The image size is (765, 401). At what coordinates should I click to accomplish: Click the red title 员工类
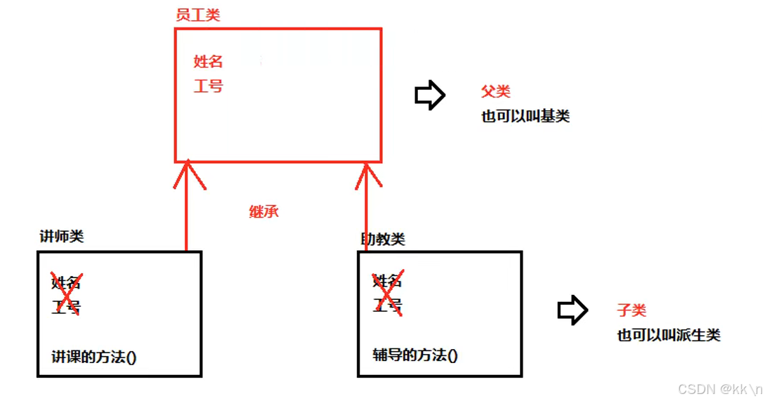coord(197,15)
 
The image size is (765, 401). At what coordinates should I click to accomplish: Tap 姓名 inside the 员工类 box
coord(208,62)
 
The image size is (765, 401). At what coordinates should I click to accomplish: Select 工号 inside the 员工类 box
coord(208,86)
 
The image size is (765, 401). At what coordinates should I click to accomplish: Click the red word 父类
coord(495,92)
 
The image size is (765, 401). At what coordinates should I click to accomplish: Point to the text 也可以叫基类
coord(525,116)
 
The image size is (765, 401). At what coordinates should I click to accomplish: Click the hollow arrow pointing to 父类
coord(430,95)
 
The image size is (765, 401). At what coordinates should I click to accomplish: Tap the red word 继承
coord(263,211)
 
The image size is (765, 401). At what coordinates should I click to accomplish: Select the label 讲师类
coord(62,237)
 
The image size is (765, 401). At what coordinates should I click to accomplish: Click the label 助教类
coord(383,239)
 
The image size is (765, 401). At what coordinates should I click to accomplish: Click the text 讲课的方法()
coord(94,357)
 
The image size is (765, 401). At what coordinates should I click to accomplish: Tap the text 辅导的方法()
coord(415,355)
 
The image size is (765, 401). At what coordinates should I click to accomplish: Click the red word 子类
coord(632,310)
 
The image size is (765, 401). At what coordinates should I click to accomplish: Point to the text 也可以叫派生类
coord(669,335)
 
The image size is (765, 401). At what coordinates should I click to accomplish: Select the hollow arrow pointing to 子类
coord(573,310)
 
